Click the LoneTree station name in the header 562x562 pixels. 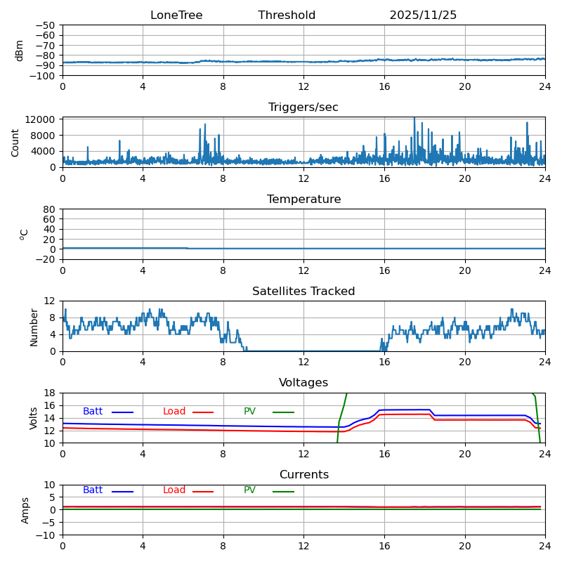[176, 15]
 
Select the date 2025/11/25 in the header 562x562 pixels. [423, 15]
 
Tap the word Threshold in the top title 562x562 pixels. [287, 15]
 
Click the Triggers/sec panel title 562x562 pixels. [303, 107]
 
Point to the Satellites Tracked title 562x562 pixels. [303, 292]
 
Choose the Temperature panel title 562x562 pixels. [303, 200]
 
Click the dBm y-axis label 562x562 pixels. [20, 51]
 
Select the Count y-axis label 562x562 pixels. [15, 143]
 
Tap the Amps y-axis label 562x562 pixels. [25, 510]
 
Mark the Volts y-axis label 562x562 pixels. [34, 418]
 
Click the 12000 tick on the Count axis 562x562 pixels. [42, 119]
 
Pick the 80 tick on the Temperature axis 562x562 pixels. [50, 209]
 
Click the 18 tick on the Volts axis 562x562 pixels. [50, 393]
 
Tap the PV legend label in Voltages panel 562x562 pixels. [249, 412]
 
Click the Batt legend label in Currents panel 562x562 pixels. [93, 490]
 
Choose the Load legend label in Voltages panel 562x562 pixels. [174, 412]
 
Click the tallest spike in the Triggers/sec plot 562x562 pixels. [414, 119]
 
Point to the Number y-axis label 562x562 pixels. [34, 327]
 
